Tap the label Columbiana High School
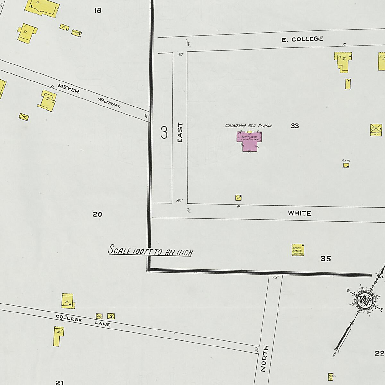pyautogui.click(x=248, y=126)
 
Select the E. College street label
pyautogui.click(x=302, y=39)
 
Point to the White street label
pyautogui.click(x=299, y=213)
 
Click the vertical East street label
pyautogui.click(x=180, y=133)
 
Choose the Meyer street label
pyautogui.click(x=69, y=89)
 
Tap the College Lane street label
pyautogui.click(x=83, y=321)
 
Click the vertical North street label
pyautogui.click(x=264, y=358)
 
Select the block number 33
pyautogui.click(x=295, y=126)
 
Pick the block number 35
pyautogui.click(x=326, y=259)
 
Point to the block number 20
pyautogui.click(x=98, y=214)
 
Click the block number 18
pyautogui.click(x=98, y=10)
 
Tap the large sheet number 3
pyautogui.click(x=164, y=133)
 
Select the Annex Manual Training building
pyautogui.click(x=297, y=250)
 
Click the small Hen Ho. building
pyautogui.click(x=346, y=165)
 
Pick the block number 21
pyautogui.click(x=59, y=382)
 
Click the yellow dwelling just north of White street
pyautogui.click(x=238, y=197)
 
